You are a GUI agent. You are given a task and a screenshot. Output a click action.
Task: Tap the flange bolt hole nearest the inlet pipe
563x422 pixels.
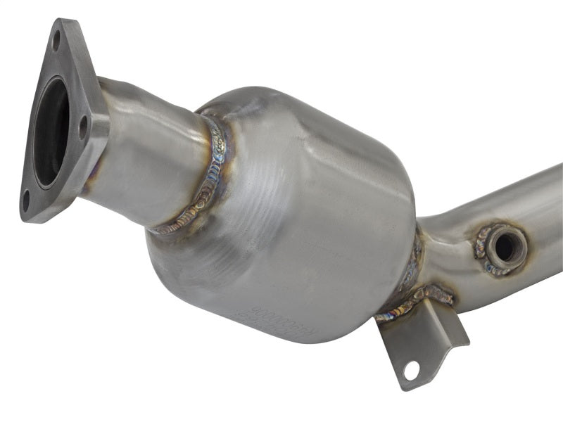tap(83, 129)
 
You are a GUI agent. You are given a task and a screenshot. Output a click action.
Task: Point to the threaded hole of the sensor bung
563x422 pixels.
tap(505, 245)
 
